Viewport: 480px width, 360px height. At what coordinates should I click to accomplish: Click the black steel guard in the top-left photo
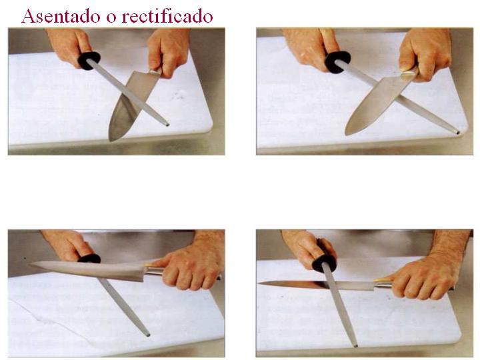pyautogui.click(x=89, y=60)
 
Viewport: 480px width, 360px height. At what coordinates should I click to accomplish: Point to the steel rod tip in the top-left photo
pyautogui.click(x=166, y=124)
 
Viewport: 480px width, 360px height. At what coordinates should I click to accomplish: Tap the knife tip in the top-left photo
pyautogui.click(x=111, y=139)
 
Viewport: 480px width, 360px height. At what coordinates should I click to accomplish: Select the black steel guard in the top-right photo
pyautogui.click(x=337, y=61)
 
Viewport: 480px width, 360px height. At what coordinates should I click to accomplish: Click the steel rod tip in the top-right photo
pyautogui.click(x=457, y=131)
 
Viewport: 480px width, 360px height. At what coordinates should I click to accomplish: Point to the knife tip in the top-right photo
pyautogui.click(x=347, y=133)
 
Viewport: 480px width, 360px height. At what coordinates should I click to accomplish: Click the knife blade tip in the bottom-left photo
pyautogui.click(x=31, y=265)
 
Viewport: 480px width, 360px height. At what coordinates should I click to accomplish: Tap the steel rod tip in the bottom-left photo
pyautogui.click(x=147, y=333)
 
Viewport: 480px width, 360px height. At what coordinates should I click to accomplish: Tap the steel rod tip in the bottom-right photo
pyautogui.click(x=355, y=344)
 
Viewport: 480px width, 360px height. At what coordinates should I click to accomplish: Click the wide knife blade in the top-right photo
pyautogui.click(x=377, y=100)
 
